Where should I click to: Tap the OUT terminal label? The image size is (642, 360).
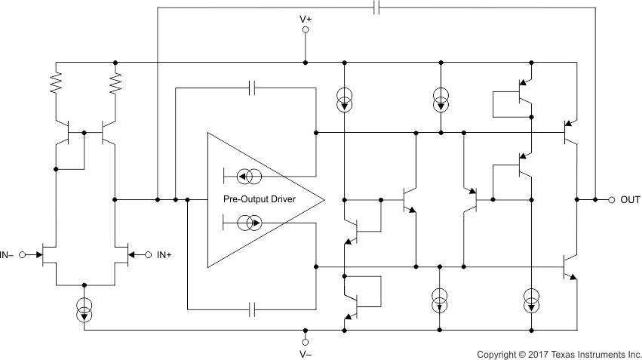point(630,200)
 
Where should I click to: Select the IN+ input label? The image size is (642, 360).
point(164,254)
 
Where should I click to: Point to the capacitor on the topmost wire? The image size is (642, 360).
point(377,8)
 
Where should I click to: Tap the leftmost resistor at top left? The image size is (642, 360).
point(56,83)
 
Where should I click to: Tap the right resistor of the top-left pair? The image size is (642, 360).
point(115,83)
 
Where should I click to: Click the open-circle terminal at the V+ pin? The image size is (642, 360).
point(306,30)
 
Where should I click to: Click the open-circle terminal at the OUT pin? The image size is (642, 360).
point(612,200)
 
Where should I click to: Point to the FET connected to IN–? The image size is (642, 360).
point(50,254)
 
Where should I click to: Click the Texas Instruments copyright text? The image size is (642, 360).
point(558,353)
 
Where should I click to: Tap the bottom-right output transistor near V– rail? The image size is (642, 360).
point(570,267)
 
